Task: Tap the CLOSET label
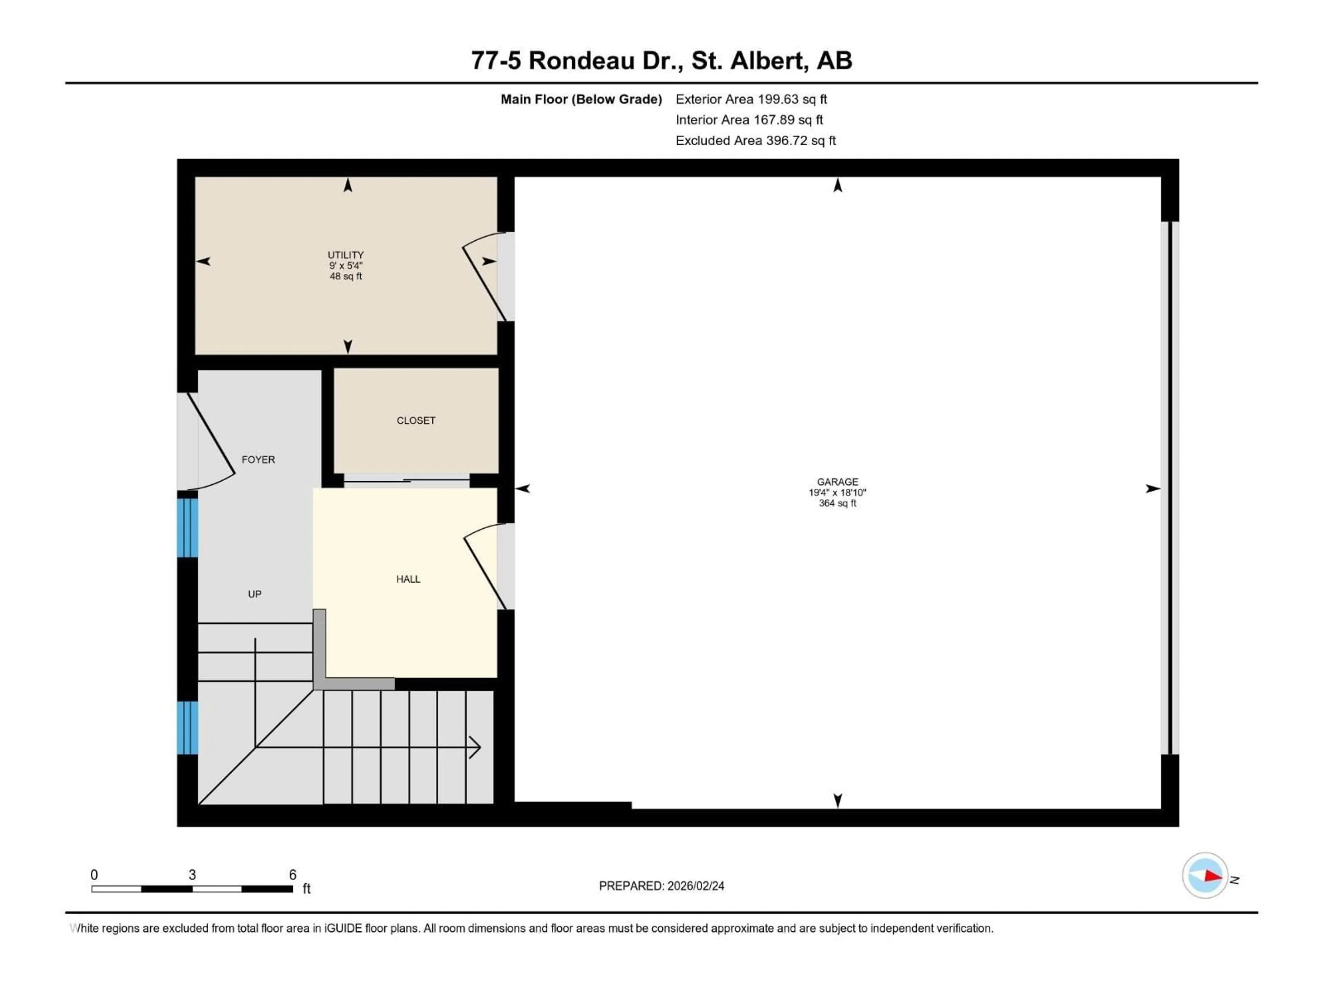(x=416, y=421)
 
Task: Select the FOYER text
(x=258, y=460)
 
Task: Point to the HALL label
(x=408, y=579)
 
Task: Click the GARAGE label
(x=837, y=482)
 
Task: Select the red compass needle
(x=1213, y=876)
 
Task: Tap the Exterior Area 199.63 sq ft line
(x=751, y=99)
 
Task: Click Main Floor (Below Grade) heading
(x=581, y=99)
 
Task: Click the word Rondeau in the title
(x=581, y=60)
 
